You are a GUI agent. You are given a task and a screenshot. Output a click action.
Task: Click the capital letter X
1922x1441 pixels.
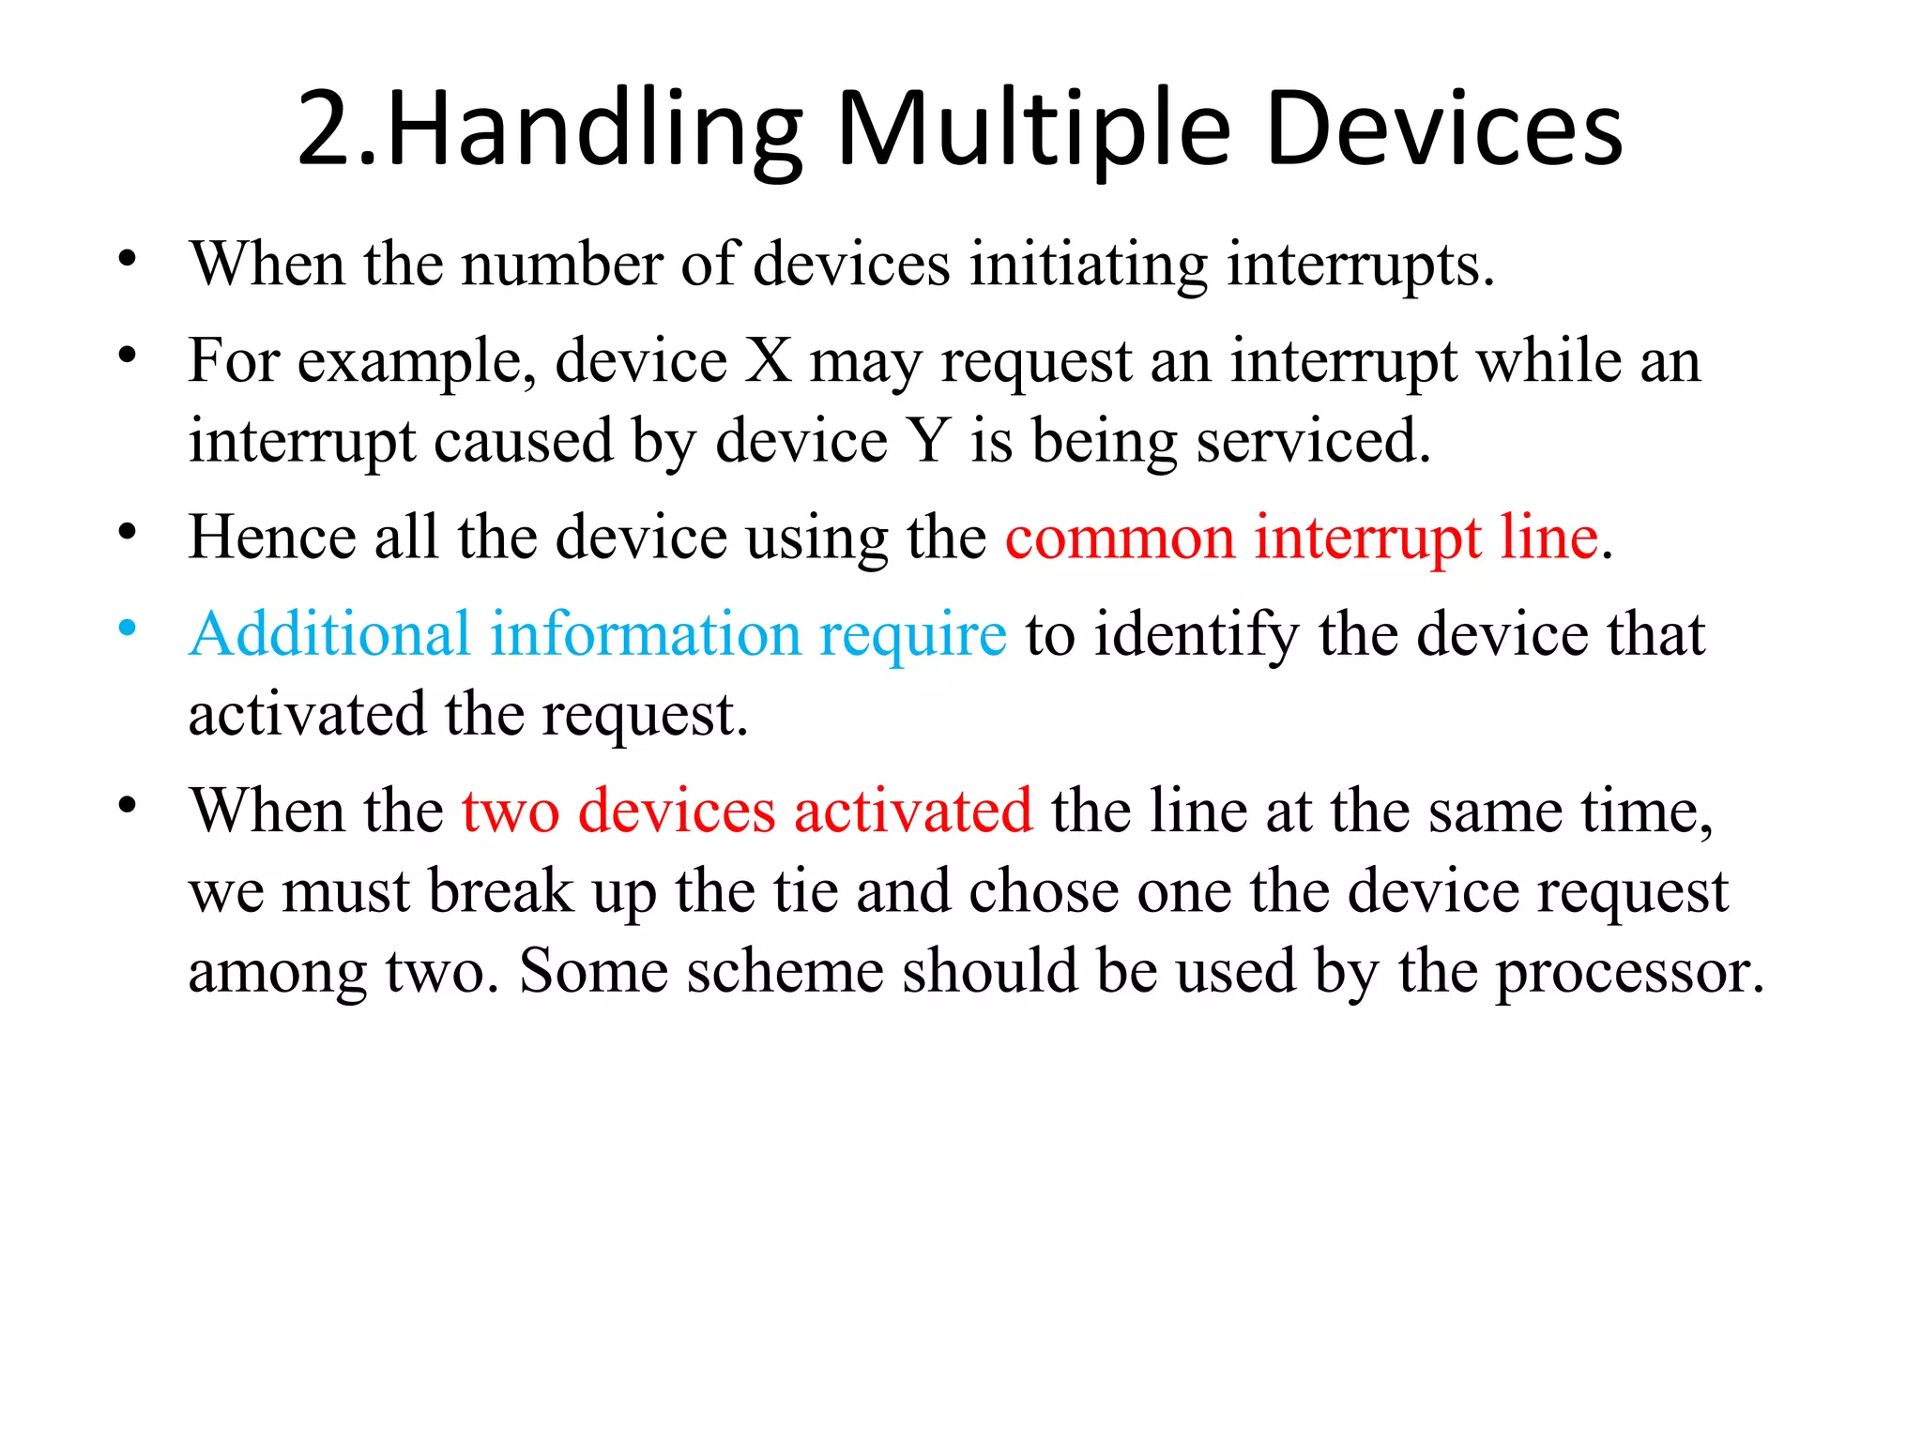769,360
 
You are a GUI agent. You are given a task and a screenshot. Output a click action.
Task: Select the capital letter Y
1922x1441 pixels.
928,440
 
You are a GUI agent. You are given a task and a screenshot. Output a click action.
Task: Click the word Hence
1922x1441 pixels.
272,538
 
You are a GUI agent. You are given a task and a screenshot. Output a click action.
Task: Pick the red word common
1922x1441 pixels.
1120,538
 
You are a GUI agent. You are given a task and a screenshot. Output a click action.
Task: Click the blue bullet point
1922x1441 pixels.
128,628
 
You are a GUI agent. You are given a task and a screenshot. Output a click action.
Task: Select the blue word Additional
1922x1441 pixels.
329,633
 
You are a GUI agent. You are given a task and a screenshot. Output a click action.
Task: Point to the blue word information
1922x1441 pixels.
646,633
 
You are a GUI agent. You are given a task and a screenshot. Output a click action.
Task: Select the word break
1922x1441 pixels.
500,890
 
